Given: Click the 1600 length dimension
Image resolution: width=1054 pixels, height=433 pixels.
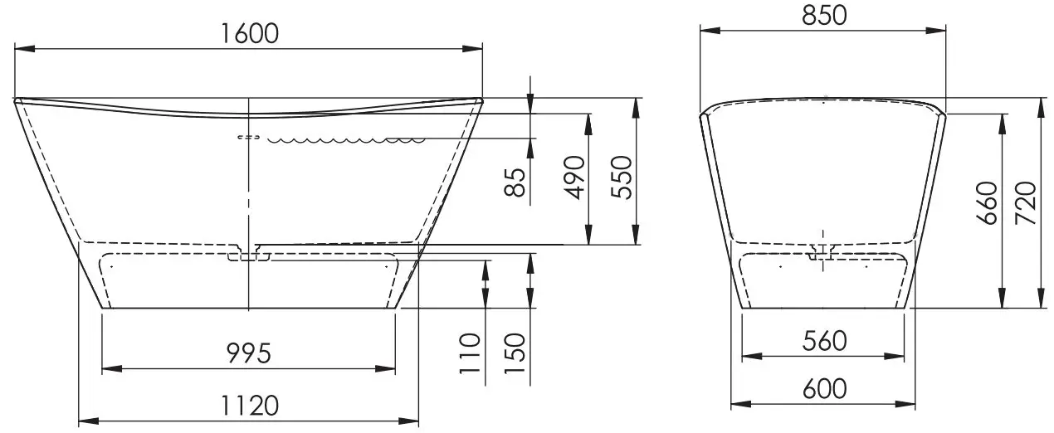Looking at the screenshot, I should pyautogui.click(x=249, y=33).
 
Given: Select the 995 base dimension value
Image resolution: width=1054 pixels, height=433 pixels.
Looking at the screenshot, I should pyautogui.click(x=249, y=354).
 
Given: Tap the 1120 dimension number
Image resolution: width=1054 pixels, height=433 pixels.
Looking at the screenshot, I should pyautogui.click(x=249, y=406).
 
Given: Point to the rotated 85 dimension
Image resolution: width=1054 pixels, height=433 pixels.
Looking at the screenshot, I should pyautogui.click(x=517, y=182).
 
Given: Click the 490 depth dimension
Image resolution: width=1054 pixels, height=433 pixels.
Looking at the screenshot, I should pyautogui.click(x=574, y=178).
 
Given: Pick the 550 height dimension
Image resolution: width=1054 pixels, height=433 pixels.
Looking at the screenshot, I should pyautogui.click(x=621, y=178).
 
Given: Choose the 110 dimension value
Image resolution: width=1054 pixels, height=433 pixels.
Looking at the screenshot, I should pyautogui.click(x=471, y=354).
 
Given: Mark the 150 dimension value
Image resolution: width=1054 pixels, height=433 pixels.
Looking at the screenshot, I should pyautogui.click(x=517, y=354).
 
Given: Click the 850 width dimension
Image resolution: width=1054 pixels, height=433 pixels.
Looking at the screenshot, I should pyautogui.click(x=822, y=15).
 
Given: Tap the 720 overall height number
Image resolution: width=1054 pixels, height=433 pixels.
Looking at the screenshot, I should pyautogui.click(x=1027, y=203).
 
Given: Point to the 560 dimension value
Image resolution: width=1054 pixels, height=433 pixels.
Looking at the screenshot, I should pyautogui.click(x=823, y=340).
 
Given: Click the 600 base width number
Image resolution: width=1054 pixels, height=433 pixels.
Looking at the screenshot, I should pyautogui.click(x=823, y=388).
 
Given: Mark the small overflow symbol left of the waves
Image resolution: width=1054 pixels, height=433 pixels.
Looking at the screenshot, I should pyautogui.click(x=248, y=137).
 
